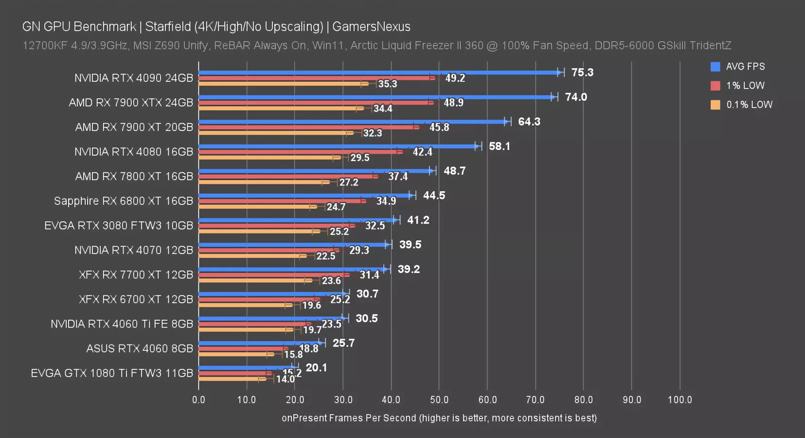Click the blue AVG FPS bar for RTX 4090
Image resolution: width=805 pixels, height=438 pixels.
[x=379, y=73]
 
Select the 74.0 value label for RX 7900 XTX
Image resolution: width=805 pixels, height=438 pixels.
[x=576, y=97]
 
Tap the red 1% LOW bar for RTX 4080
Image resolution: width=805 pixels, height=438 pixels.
[x=299, y=152]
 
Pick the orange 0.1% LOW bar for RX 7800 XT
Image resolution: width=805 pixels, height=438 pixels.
[x=263, y=182]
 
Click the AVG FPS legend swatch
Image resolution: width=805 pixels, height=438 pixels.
[x=715, y=67]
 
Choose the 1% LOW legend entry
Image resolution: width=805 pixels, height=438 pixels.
[x=745, y=86]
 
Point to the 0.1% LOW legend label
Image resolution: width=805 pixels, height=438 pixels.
[x=749, y=105]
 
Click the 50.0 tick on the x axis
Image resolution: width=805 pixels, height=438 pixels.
[x=439, y=400]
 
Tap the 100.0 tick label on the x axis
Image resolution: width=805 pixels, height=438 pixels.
[x=680, y=400]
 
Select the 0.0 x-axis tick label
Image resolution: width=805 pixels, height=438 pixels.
[x=198, y=400]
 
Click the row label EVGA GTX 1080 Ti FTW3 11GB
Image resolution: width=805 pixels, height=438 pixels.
[x=112, y=373]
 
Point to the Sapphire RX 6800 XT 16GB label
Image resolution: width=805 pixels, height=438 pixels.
[x=124, y=201]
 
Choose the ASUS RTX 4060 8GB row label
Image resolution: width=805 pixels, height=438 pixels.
[x=140, y=348]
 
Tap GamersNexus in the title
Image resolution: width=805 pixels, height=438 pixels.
[x=371, y=27]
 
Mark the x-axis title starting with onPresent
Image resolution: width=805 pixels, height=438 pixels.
[x=439, y=418]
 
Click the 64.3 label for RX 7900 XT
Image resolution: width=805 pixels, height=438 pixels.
[x=529, y=122]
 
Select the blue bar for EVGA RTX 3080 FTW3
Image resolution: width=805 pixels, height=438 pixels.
[x=297, y=220]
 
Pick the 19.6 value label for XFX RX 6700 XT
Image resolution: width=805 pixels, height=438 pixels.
[x=311, y=306]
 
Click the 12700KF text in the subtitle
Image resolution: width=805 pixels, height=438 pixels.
[x=45, y=46]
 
